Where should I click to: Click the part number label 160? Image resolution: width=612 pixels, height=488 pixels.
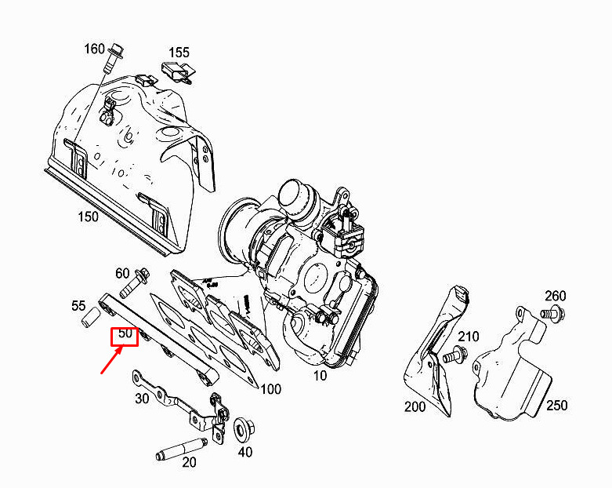95,49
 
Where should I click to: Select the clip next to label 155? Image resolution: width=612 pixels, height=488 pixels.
178,71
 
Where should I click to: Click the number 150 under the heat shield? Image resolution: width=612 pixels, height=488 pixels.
89,216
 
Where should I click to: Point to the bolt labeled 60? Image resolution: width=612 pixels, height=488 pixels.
135,283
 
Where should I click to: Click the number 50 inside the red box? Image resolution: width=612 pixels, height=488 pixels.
125,333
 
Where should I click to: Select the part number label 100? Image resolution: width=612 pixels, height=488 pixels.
270,389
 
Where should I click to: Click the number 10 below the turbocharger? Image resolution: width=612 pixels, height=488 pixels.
320,376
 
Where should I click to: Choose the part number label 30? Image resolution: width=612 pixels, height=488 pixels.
142,399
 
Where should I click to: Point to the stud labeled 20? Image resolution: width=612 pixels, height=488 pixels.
182,449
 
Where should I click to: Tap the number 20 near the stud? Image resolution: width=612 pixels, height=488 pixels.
189,462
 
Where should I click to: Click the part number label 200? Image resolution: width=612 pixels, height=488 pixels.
415,406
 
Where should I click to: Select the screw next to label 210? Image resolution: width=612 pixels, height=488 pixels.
455,355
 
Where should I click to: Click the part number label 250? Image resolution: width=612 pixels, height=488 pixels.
556,405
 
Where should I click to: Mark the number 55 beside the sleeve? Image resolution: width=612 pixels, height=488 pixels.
78,305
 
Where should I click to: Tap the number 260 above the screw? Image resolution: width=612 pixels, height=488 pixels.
556,296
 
